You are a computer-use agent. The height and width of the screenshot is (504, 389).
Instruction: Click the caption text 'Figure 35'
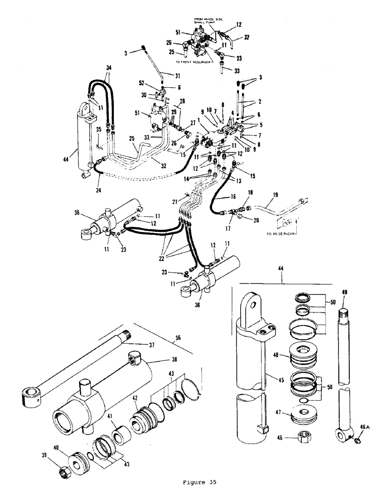[196, 482]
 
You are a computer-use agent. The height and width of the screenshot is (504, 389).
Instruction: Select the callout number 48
[277, 355]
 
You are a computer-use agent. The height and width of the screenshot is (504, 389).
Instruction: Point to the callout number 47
[277, 412]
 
